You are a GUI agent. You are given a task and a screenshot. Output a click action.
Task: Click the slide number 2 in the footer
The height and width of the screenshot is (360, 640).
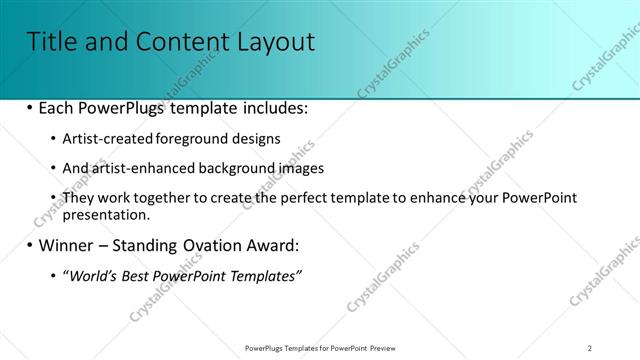tap(590, 347)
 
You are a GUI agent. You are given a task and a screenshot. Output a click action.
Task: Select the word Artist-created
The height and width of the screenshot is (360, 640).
tap(106, 139)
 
